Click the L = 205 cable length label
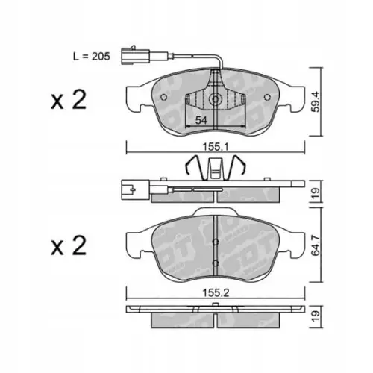[x=91, y=57]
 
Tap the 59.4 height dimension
[x=316, y=101]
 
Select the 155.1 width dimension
[x=216, y=147]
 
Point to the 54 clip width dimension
[x=201, y=121]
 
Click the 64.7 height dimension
[x=316, y=245]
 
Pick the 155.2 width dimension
[x=216, y=293]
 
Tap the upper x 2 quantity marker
[x=69, y=100]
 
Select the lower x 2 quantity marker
[x=69, y=245]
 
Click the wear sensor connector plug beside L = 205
[x=135, y=56]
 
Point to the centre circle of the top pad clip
[x=216, y=99]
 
